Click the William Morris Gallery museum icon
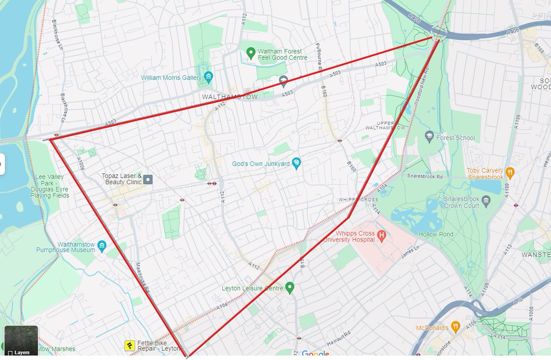[208, 77]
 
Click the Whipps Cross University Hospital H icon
[381, 236]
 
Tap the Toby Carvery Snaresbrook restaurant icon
[509, 173]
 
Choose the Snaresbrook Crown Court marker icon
[487, 200]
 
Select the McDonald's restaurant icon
[455, 326]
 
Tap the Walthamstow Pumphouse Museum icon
[102, 245]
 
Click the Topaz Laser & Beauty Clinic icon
[148, 179]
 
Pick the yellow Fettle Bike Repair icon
[130, 345]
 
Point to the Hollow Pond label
[436, 234]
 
